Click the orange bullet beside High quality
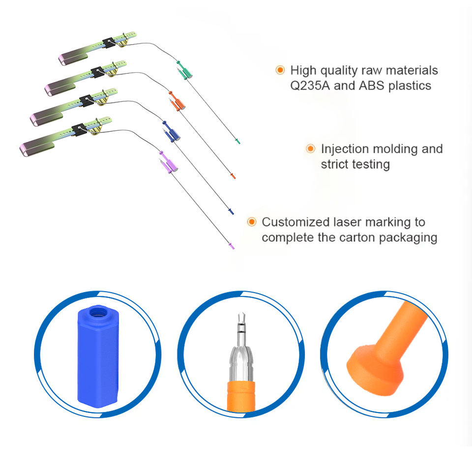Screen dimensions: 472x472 coord(280,70)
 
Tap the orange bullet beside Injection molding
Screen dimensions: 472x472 coord(310,148)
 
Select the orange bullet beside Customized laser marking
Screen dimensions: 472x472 coord(251,222)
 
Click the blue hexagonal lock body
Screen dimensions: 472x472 coord(97,359)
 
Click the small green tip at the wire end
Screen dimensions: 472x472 coord(237,142)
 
